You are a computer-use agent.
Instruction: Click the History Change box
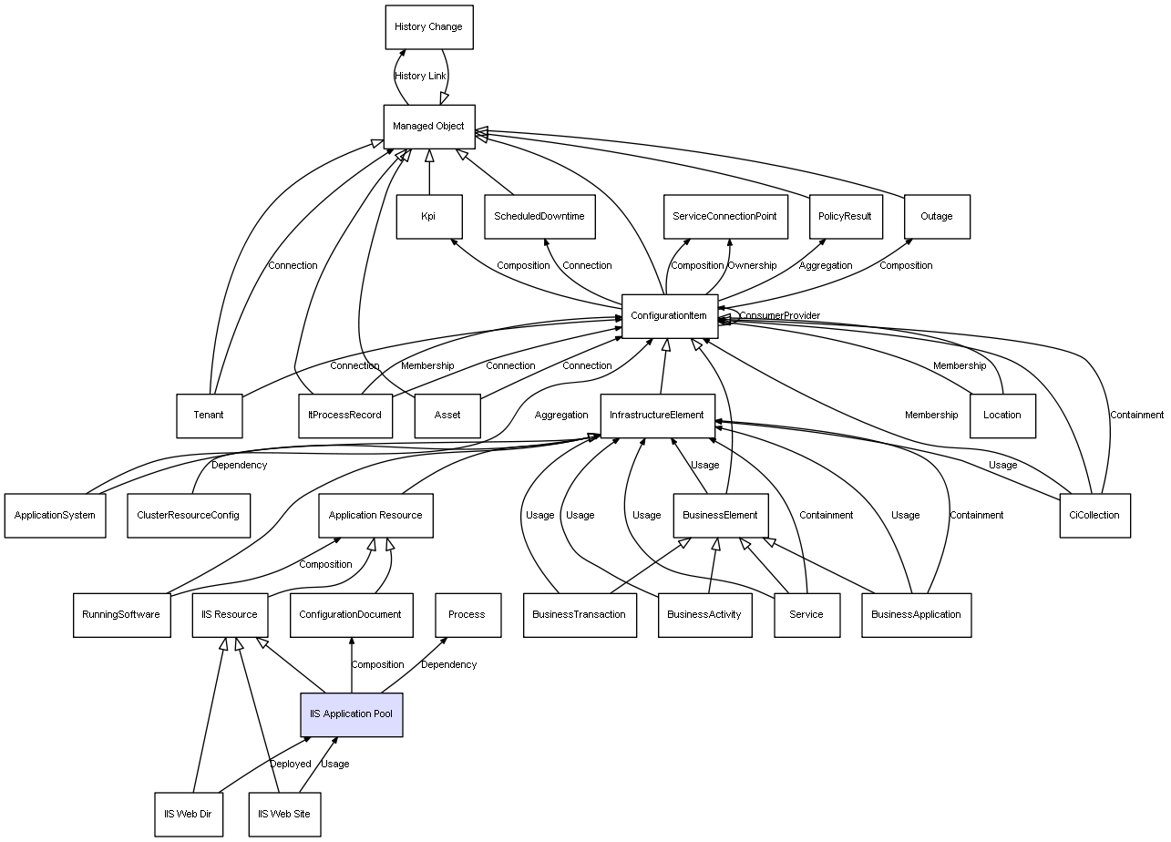click(428, 27)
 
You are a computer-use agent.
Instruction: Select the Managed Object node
click(428, 126)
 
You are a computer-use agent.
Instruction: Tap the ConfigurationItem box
click(669, 316)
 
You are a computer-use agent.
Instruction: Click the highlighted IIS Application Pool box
click(352, 714)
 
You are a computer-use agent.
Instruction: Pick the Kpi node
click(428, 217)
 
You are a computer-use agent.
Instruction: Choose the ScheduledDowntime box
click(539, 217)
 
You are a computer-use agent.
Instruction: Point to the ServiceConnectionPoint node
click(724, 217)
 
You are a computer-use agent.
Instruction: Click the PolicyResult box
click(845, 217)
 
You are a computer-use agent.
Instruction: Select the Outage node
click(936, 217)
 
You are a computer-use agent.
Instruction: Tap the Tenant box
click(209, 415)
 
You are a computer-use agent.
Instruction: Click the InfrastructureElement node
click(657, 416)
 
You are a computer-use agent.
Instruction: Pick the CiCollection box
click(1094, 515)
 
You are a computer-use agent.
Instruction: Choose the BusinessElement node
click(720, 515)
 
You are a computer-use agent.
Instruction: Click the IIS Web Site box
click(284, 813)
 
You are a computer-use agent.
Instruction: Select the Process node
click(467, 614)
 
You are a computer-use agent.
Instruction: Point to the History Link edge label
click(420, 77)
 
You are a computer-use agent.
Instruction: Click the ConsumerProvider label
click(779, 316)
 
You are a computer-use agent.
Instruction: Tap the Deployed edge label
click(290, 764)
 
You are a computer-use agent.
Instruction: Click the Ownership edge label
click(752, 266)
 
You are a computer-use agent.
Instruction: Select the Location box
click(1002, 415)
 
